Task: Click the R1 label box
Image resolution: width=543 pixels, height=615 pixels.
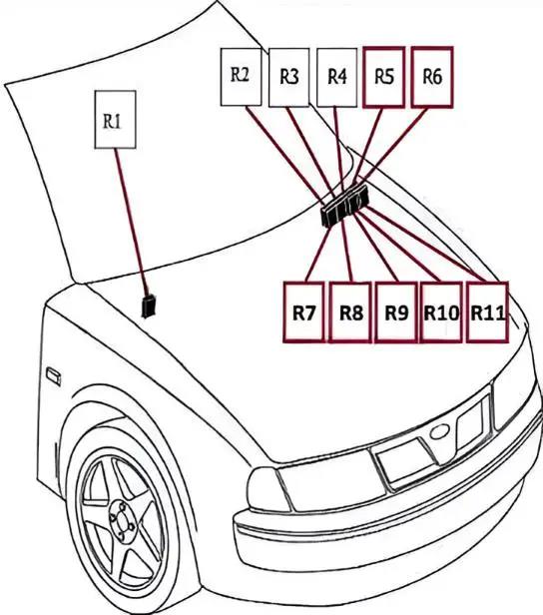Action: (x=115, y=120)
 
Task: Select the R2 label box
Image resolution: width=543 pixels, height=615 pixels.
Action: (x=241, y=77)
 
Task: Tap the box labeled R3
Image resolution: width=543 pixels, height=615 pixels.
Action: (x=288, y=78)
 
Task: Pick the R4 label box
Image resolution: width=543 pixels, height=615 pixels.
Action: (x=336, y=78)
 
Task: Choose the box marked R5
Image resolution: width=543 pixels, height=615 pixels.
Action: (x=384, y=77)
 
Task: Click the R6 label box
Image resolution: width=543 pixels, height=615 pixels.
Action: (x=432, y=77)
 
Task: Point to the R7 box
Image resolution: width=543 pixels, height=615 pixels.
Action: (x=304, y=312)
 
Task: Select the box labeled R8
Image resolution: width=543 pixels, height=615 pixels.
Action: (x=350, y=312)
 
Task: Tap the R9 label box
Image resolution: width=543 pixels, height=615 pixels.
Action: (x=396, y=312)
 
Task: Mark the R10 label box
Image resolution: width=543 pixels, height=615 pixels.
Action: (x=441, y=312)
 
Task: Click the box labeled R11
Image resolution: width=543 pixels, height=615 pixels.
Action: (x=487, y=312)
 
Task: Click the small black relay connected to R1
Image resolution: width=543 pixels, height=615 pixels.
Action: (x=149, y=306)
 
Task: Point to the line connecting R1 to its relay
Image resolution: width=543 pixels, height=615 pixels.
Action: (x=131, y=222)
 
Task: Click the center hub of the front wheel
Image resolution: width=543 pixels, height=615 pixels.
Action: (x=122, y=517)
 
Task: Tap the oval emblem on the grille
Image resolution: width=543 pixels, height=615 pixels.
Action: (x=438, y=433)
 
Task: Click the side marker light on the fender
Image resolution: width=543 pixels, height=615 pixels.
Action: (x=54, y=376)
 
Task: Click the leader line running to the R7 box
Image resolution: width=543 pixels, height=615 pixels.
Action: (x=318, y=254)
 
